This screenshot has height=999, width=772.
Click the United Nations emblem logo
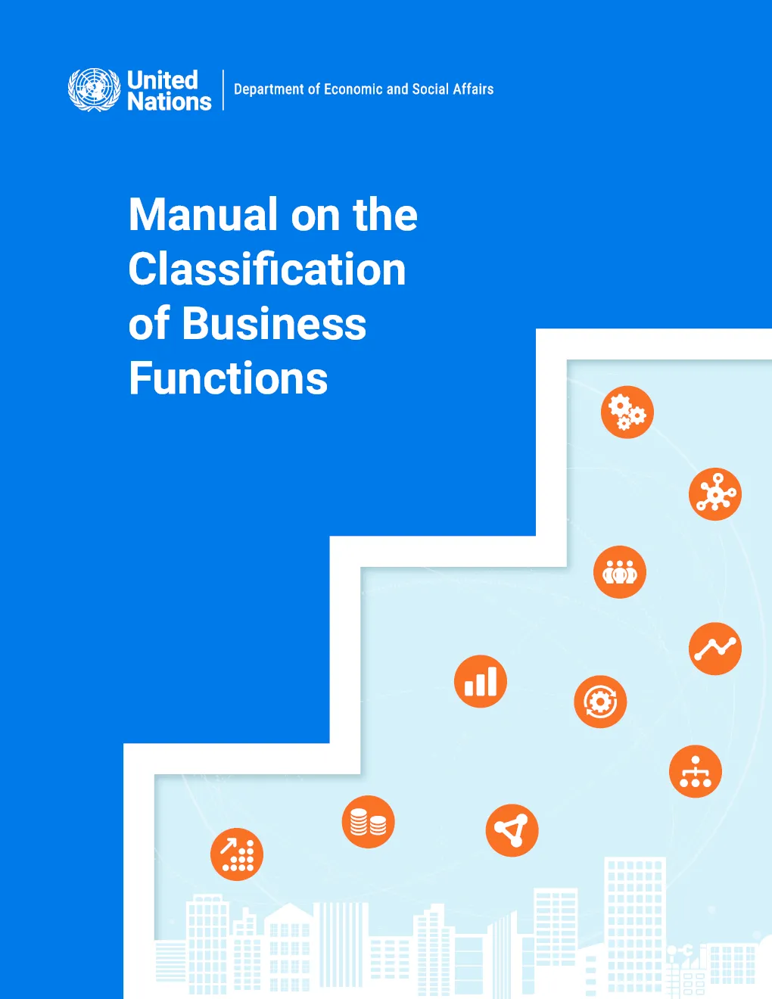(x=95, y=89)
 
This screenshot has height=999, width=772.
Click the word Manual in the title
(x=204, y=215)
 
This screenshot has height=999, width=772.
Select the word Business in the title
(x=275, y=323)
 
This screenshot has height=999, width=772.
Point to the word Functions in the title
(x=228, y=378)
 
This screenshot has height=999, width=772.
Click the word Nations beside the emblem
(x=170, y=101)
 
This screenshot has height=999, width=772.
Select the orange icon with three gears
(x=627, y=412)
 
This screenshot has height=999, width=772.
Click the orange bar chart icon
(x=481, y=681)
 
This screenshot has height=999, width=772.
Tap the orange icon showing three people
(x=620, y=572)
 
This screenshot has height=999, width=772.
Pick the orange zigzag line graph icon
(x=715, y=649)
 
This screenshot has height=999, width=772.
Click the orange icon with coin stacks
(x=369, y=822)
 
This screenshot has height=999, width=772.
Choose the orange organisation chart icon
(x=696, y=771)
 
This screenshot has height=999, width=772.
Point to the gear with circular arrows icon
(x=600, y=702)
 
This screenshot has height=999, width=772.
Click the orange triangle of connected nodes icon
(x=512, y=830)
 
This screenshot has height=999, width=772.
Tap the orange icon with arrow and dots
(x=237, y=854)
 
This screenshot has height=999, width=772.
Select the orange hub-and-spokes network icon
(x=715, y=494)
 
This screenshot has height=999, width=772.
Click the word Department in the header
(x=269, y=89)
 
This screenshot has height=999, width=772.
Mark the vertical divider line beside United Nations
(x=223, y=89)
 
